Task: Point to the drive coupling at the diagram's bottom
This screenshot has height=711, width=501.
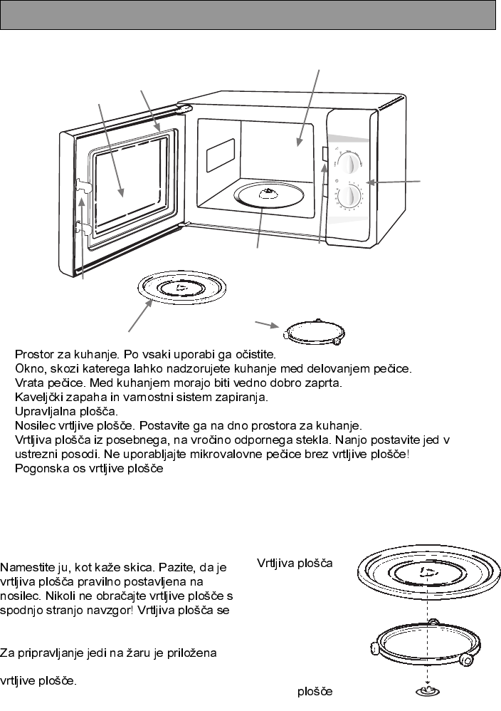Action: pyautogui.click(x=425, y=691)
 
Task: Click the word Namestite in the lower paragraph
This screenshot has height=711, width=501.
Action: pyautogui.click(x=29, y=567)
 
